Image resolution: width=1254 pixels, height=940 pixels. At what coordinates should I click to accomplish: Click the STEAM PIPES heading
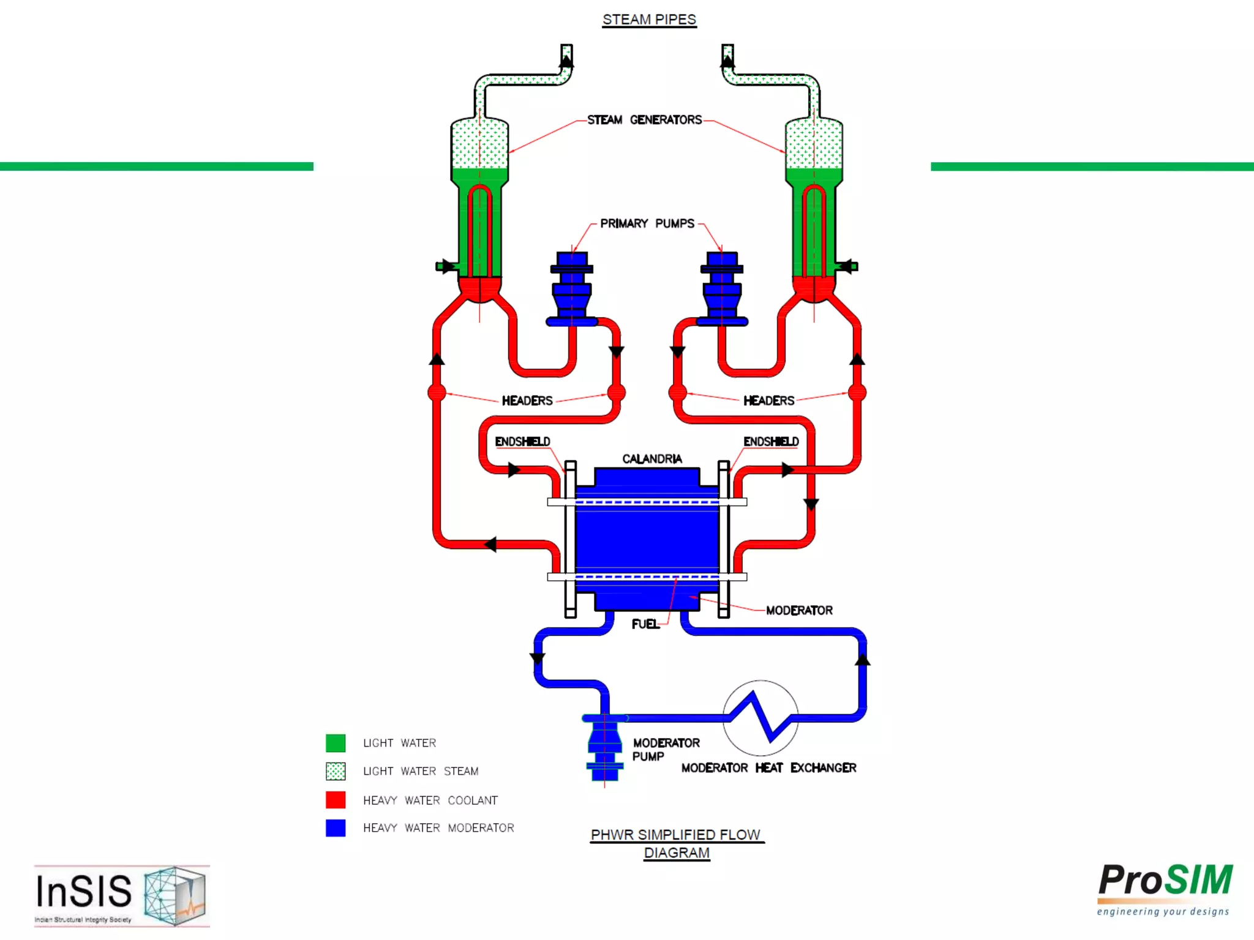coord(649,20)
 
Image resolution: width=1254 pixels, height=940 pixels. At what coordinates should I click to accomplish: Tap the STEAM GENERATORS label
coord(644,120)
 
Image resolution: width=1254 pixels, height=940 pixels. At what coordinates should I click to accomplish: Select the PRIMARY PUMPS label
coord(647,223)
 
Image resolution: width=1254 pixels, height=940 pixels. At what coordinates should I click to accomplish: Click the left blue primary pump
coord(572,288)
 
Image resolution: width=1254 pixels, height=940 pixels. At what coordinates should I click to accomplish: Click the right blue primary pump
coord(722,288)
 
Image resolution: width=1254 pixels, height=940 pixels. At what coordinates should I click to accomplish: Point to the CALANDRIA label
coord(651,459)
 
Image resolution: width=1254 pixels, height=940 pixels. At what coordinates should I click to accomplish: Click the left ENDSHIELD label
coord(522,441)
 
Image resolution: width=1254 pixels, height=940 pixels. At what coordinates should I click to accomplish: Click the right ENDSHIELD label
coord(771,441)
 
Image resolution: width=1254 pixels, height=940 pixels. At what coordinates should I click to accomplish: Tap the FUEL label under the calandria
coord(645,624)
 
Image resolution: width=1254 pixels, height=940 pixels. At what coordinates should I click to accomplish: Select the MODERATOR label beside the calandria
coord(799,610)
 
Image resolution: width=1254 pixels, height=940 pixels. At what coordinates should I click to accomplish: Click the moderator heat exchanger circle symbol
coord(760,718)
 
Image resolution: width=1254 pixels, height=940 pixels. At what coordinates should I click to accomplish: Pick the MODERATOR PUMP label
coord(665,750)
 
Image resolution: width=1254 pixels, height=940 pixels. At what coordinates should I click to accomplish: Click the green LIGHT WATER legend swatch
coord(336,743)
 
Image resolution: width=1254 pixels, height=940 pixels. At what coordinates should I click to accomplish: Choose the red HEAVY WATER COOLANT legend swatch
coord(336,800)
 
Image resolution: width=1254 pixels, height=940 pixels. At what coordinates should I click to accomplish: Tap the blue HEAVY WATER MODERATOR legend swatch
coord(336,827)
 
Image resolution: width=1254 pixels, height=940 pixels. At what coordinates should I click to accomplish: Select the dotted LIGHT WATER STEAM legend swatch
coord(336,771)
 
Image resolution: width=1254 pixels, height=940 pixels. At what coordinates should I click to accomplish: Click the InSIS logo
coord(121,895)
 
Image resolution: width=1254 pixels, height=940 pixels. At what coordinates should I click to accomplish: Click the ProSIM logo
coord(1165,889)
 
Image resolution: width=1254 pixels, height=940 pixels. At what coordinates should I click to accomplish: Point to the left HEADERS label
coord(527,401)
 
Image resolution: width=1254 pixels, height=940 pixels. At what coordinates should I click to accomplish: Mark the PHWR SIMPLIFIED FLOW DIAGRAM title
coord(677,843)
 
